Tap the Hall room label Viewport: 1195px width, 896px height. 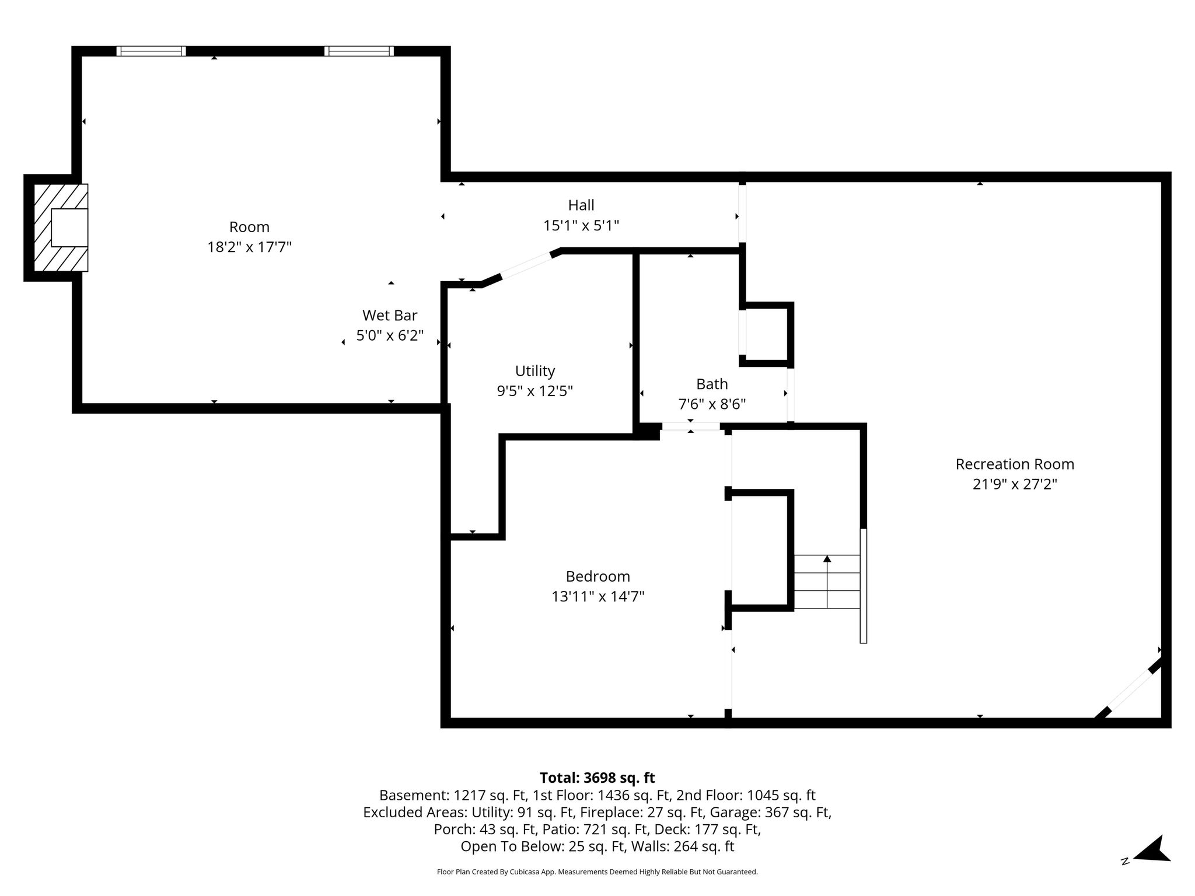(x=581, y=205)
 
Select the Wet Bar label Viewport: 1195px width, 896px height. (x=390, y=316)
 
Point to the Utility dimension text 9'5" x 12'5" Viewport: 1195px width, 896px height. (x=535, y=391)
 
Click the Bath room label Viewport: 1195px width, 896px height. (x=712, y=384)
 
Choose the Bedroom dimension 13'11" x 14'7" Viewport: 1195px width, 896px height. (x=598, y=596)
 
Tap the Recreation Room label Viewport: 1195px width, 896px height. (x=1015, y=464)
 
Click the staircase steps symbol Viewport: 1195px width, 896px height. (x=827, y=582)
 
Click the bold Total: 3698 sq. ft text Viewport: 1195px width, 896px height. (x=597, y=778)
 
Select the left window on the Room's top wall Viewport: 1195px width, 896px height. (x=151, y=51)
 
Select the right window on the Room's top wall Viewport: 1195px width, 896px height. (x=359, y=51)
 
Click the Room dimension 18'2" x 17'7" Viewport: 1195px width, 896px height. (x=249, y=247)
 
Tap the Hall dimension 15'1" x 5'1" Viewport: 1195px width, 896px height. (x=581, y=225)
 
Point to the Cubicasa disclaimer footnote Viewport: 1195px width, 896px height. (x=597, y=872)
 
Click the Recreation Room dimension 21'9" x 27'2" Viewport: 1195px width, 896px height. (x=1015, y=484)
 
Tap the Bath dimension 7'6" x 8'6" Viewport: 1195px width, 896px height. (x=712, y=404)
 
